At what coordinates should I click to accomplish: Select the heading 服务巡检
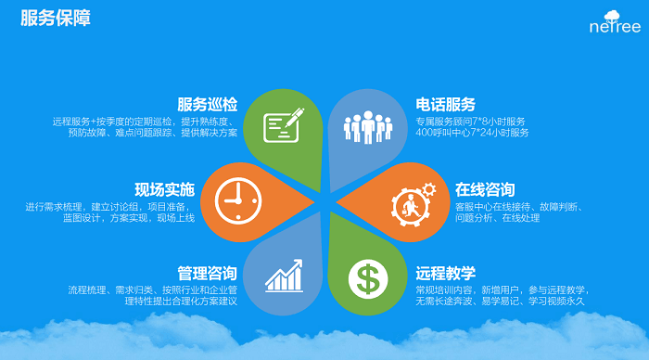[x=208, y=104]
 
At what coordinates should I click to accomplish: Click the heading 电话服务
[x=446, y=104]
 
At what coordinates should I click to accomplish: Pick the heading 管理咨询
[x=208, y=273]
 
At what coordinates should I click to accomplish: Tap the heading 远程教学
[x=446, y=273]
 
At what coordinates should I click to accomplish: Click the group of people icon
[x=366, y=126]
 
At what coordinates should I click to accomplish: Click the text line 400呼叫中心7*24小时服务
[x=472, y=134]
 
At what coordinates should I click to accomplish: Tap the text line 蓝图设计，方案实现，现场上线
[x=135, y=218]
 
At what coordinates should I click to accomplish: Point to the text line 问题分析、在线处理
[x=497, y=218]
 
